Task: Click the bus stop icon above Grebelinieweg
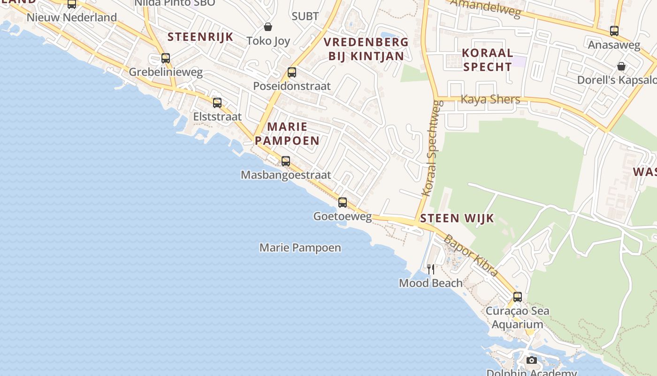point(166,58)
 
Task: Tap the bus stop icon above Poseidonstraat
point(292,72)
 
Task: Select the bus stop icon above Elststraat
point(217,102)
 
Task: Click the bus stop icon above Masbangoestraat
point(286,161)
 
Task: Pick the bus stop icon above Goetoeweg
point(343,203)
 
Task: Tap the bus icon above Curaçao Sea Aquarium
point(518,297)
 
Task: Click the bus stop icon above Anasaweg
point(614,31)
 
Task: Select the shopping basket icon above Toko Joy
point(268,27)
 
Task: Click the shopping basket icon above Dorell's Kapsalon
point(621,66)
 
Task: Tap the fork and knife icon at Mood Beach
point(431,269)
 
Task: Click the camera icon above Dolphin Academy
point(532,360)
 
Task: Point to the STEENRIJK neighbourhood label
point(200,37)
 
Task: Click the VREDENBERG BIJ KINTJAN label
point(366,49)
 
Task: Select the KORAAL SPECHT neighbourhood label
point(488,60)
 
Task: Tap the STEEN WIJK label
point(457,218)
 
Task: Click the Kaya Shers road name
point(490,100)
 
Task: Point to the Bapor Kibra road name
point(470,255)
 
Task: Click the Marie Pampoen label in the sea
point(300,247)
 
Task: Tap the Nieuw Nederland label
point(72,17)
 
